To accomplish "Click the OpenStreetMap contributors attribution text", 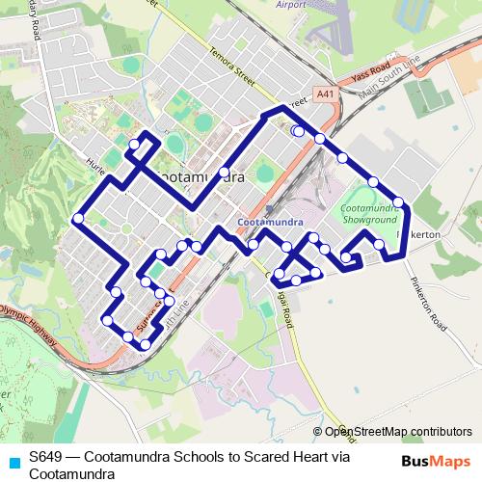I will (398, 432).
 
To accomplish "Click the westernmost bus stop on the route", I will (78, 218).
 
